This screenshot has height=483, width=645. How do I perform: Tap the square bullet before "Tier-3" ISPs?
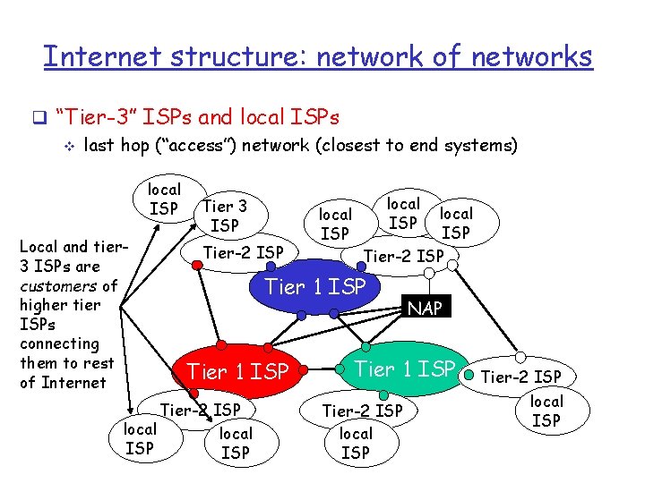(x=38, y=117)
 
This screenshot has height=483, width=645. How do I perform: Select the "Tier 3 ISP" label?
(x=225, y=216)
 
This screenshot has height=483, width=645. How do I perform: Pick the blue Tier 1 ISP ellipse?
(x=314, y=288)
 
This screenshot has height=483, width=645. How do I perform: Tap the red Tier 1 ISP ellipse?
(x=237, y=370)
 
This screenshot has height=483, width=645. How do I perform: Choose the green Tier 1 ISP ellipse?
(x=406, y=368)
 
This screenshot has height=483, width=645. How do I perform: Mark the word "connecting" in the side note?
(x=59, y=343)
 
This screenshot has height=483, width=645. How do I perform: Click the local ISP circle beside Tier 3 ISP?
(x=164, y=199)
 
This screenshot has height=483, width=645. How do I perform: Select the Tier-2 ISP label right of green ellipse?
(x=521, y=377)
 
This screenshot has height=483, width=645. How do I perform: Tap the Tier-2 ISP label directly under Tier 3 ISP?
(x=243, y=252)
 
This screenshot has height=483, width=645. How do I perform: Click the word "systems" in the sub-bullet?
(x=486, y=145)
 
